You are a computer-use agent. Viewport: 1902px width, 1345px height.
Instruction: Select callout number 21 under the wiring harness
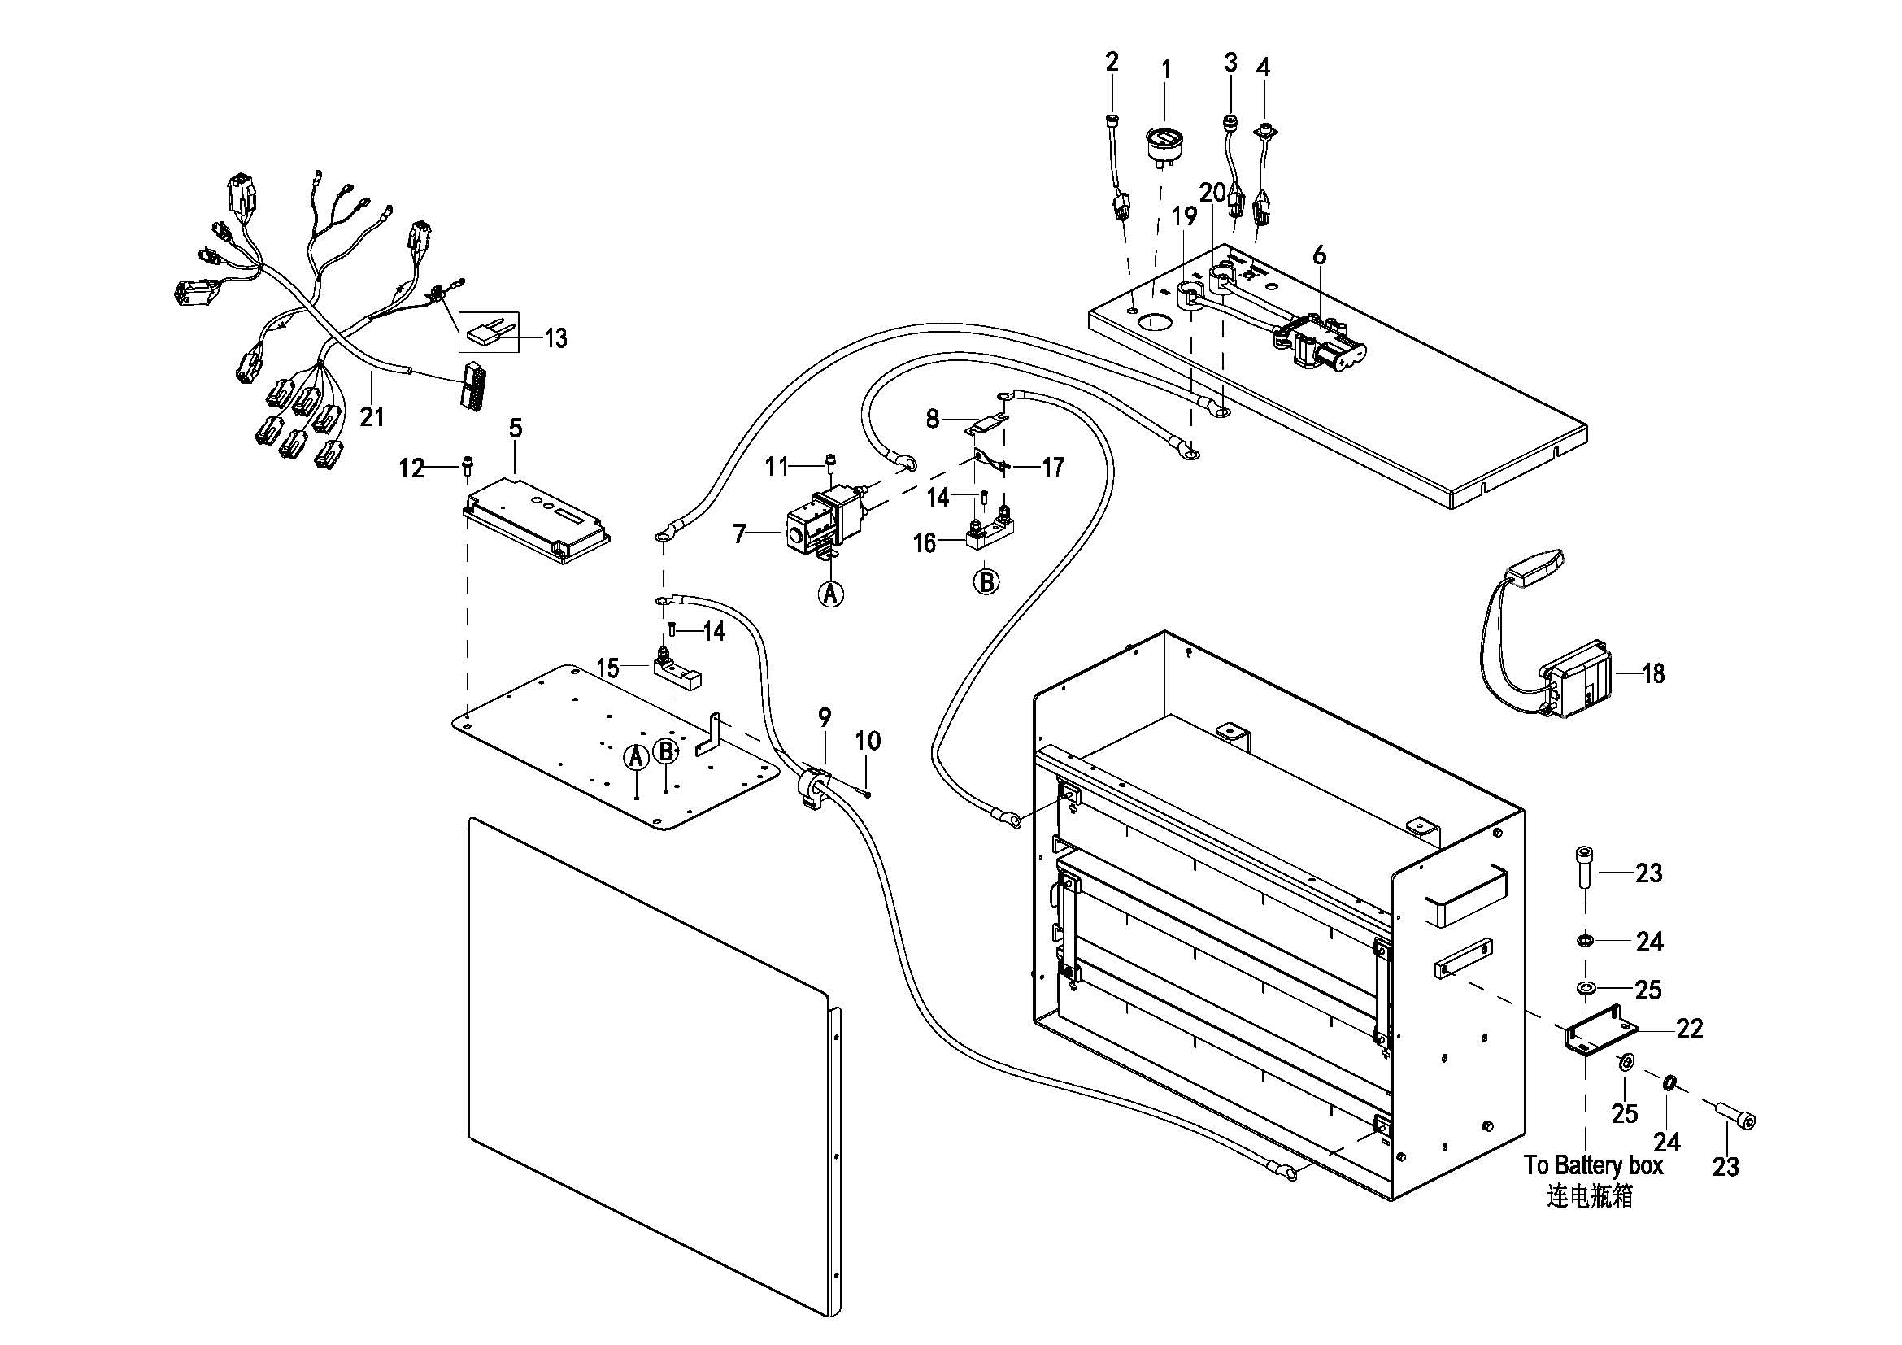pos(372,416)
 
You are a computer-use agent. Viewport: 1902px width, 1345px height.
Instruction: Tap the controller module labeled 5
pos(536,520)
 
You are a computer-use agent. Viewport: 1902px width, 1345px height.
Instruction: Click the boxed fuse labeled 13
pos(489,331)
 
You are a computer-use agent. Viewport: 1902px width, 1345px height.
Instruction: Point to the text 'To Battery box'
pos(1593,1165)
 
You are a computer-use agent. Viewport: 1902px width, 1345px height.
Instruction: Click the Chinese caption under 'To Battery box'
pos(1590,1198)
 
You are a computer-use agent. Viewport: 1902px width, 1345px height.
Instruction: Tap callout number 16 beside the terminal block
pos(925,543)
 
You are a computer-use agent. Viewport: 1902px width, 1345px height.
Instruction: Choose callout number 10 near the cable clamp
pos(868,741)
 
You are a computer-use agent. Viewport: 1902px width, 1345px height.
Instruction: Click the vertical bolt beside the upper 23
pos(1584,865)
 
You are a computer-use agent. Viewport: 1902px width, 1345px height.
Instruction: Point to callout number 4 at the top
pos(1263,66)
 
